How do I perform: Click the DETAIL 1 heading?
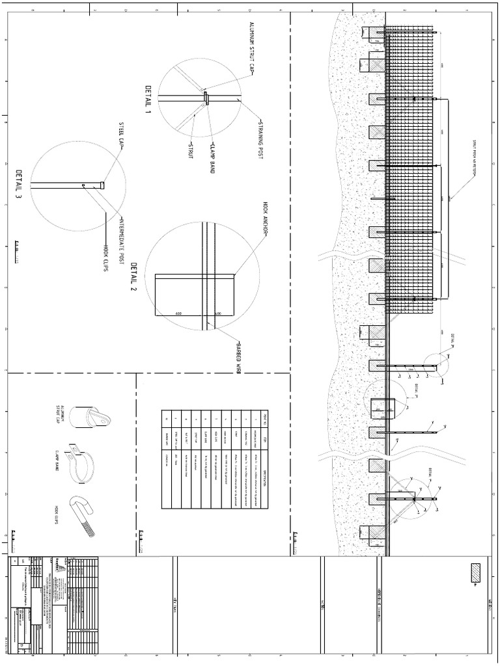(x=148, y=99)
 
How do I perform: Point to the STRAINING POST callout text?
(x=260, y=140)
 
